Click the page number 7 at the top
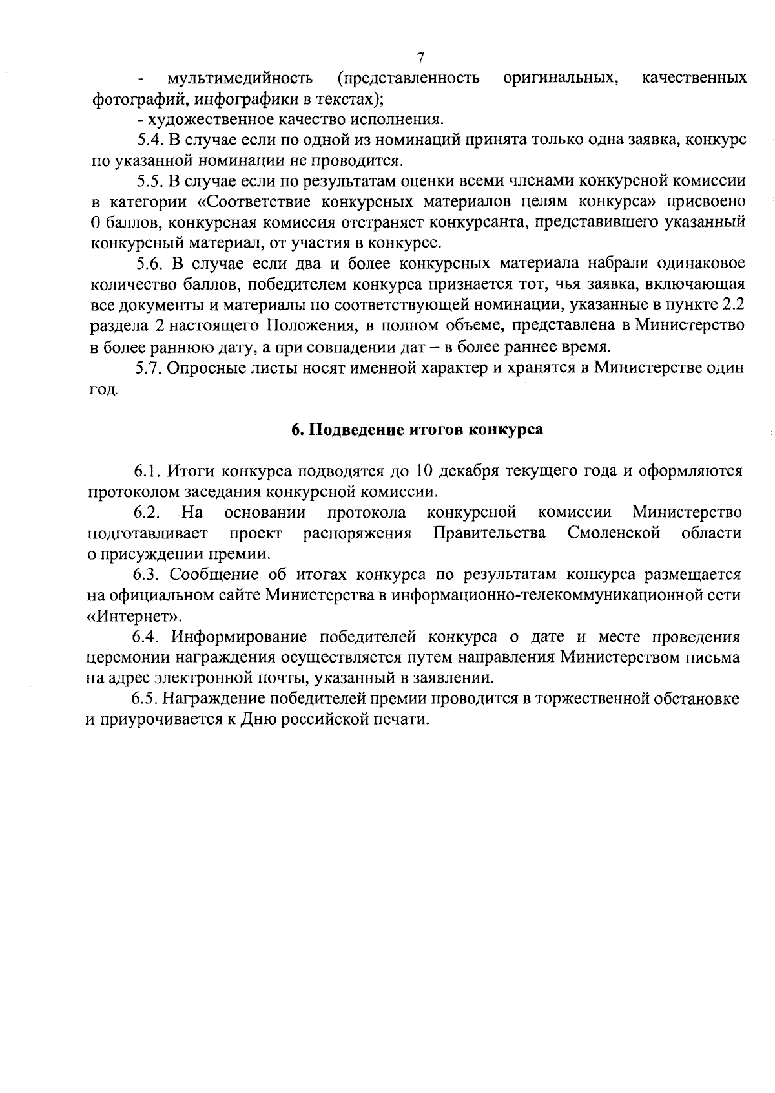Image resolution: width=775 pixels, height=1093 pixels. click(x=420, y=58)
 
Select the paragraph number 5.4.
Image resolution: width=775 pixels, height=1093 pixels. click(x=152, y=140)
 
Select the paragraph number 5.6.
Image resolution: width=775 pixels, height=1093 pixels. click(x=152, y=264)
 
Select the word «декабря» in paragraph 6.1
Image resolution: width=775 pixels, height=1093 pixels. click(x=468, y=471)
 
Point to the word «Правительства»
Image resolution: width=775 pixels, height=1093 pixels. click(x=490, y=533)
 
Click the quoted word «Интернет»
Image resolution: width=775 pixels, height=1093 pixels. click(x=134, y=615)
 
